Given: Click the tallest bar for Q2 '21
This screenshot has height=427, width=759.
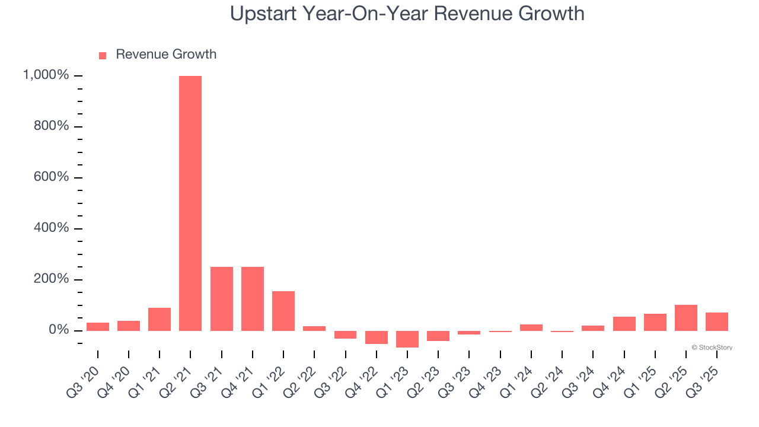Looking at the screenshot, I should (x=190, y=203).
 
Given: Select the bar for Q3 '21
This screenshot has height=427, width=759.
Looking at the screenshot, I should (x=221, y=298).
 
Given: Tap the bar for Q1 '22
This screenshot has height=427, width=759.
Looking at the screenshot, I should (x=283, y=311).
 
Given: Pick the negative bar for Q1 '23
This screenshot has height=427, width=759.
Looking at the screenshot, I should (x=407, y=339).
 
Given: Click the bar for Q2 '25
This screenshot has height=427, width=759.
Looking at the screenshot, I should (x=686, y=318).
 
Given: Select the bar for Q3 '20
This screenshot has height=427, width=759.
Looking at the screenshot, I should (x=98, y=326).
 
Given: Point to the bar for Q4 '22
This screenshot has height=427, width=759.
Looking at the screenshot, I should (x=377, y=337).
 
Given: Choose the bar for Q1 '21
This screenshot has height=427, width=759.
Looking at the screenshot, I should (x=160, y=319).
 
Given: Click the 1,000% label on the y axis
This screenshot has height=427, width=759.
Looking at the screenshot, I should (x=46, y=75).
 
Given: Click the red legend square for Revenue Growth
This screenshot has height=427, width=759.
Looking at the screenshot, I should (x=103, y=55).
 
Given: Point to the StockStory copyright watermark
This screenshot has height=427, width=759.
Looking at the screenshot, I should (x=712, y=348).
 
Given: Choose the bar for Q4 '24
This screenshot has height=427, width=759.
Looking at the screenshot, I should (x=624, y=323).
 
